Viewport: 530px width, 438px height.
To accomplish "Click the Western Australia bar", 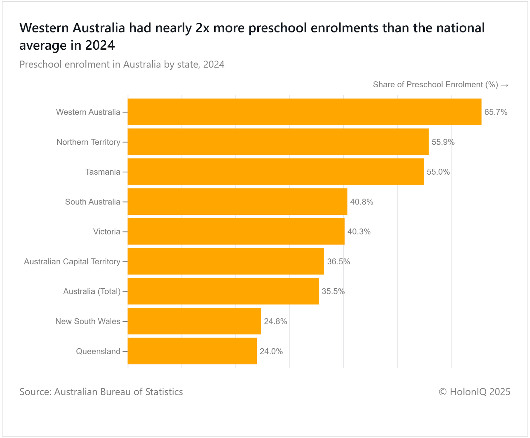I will (x=304, y=112).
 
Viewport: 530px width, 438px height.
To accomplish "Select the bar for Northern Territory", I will (x=278, y=142).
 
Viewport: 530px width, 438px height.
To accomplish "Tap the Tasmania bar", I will (x=276, y=172).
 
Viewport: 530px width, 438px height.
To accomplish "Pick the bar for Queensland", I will (x=192, y=351).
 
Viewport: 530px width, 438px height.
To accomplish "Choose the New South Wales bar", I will (x=194, y=321).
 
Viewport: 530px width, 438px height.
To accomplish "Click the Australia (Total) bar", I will (x=223, y=291).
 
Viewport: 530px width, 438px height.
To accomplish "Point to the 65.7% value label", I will (x=496, y=112).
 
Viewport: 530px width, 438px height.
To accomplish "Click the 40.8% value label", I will (x=361, y=202).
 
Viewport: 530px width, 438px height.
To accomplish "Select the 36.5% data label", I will (x=338, y=262).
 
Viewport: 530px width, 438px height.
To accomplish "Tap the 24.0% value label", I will (x=271, y=351).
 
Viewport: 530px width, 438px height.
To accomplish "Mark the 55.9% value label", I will (x=443, y=142).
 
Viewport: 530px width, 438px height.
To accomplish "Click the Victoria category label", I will (x=106, y=232).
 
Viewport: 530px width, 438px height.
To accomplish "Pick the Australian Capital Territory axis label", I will (x=72, y=262).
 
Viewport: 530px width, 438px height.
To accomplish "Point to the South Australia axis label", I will (x=92, y=202).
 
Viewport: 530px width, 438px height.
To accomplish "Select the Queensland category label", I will (x=98, y=351).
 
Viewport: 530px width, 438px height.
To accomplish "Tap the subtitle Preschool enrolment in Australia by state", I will (x=122, y=64).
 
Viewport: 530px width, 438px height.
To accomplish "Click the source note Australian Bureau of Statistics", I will (x=101, y=392).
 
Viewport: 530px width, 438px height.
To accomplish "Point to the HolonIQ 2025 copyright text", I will (x=474, y=392).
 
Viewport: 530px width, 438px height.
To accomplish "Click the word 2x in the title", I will (x=202, y=28).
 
